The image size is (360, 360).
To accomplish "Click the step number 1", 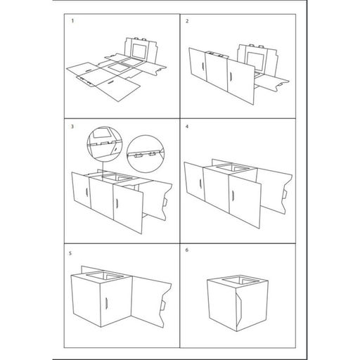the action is (x=72, y=21).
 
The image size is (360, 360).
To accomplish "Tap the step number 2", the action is (x=187, y=21).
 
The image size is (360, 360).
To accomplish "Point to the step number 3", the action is (x=72, y=127).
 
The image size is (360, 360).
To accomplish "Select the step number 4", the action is (x=187, y=127).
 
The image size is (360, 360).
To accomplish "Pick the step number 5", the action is (x=70, y=253).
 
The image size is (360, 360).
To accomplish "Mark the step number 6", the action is (x=187, y=250).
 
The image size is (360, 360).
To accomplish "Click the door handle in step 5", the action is (x=106, y=302).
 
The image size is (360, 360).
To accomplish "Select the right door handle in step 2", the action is (x=231, y=77).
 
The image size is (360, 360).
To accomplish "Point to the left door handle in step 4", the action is (x=201, y=183).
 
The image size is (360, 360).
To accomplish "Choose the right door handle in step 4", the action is (x=233, y=195).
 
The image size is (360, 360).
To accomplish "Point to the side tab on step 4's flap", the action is (x=284, y=194).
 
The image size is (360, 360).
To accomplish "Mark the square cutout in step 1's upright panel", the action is (x=140, y=51).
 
